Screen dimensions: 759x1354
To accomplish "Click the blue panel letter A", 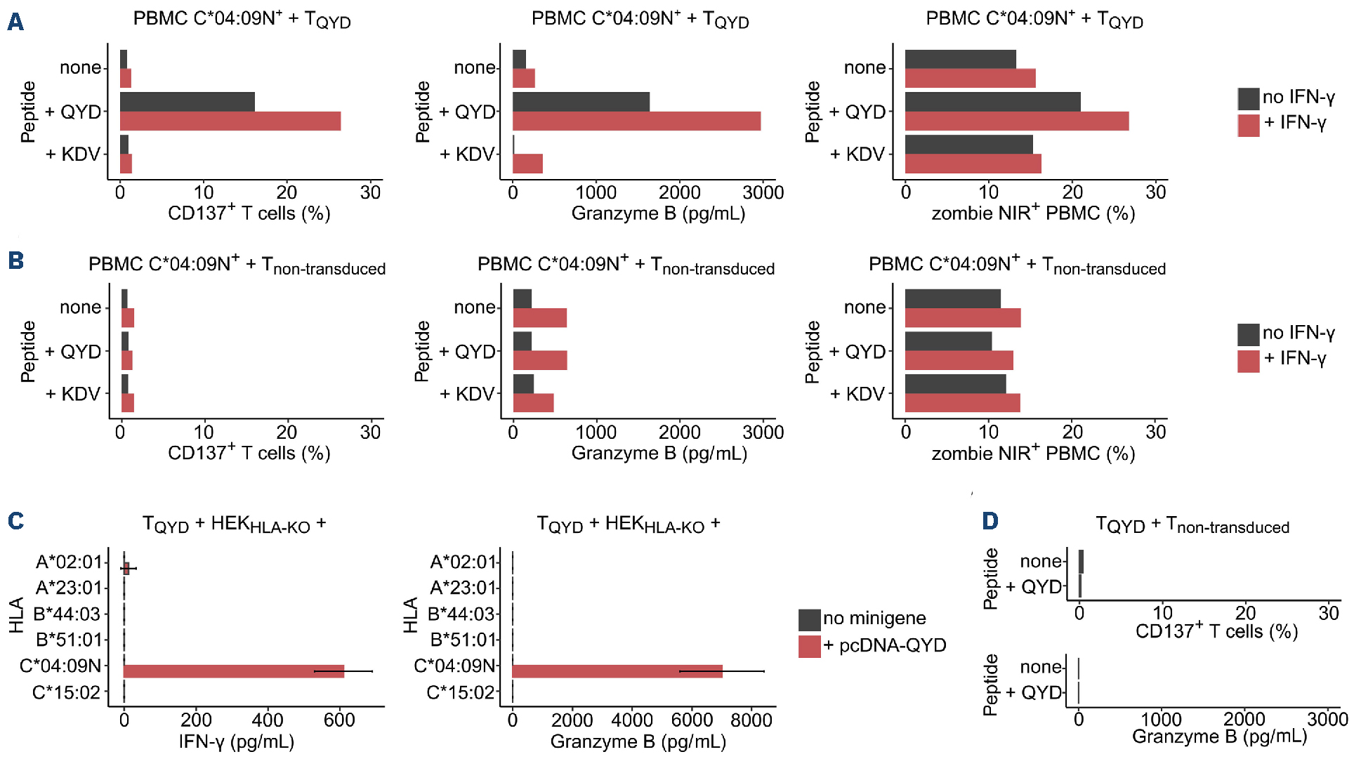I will pos(15,22).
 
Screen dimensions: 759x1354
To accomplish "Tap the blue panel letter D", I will pos(990,521).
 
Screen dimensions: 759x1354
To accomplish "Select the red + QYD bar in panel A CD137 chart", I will pos(230,121).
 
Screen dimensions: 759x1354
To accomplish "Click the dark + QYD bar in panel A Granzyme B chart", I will pos(581,102).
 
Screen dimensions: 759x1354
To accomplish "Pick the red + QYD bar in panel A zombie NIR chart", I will pos(1017,121).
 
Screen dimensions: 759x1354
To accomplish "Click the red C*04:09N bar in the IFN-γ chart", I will pos(234,671).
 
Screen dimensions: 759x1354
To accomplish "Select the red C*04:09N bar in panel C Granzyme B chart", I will pos(617,671).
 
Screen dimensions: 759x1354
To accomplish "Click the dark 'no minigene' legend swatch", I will pos(810,620).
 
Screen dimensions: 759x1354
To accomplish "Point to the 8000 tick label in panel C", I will pos(751,720).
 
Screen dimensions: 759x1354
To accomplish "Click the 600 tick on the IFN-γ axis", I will pos(339,720).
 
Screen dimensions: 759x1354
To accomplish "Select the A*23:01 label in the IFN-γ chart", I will pos(69,588).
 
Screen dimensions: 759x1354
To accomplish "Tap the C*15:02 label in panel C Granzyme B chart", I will pos(461,693).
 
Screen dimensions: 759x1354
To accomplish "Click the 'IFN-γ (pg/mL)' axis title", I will pos(237,741).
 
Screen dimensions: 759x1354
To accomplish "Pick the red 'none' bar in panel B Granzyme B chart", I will pos(539,318).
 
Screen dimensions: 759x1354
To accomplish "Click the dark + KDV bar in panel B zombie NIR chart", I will pos(955,384).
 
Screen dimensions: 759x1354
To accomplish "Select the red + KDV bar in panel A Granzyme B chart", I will pos(527,164).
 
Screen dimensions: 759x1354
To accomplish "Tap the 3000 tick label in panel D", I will pos(1327,719).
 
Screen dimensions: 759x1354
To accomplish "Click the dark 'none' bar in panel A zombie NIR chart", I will pos(960,60).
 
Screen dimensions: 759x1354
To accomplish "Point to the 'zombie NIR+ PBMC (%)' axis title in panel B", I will pos(1033,454).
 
